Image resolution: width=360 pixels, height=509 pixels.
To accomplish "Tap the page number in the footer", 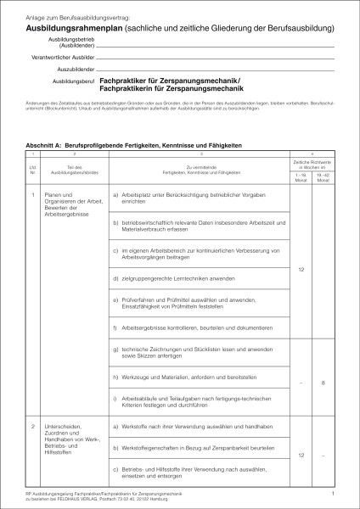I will pyautogui.click(x=334, y=492).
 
